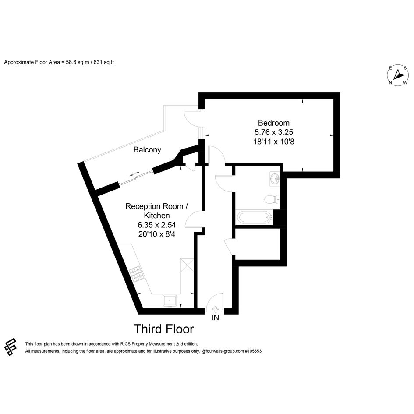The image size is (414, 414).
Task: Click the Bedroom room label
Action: pyautogui.click(x=273, y=123)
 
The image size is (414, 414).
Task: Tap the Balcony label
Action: pyautogui.click(x=147, y=150)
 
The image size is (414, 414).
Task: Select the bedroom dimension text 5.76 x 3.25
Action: pyautogui.click(x=273, y=132)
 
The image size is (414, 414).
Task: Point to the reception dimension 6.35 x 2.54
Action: pyautogui.click(x=157, y=225)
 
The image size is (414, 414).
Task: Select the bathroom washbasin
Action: pyautogui.click(x=275, y=179)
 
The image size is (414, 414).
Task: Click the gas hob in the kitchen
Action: pyautogui.click(x=137, y=274)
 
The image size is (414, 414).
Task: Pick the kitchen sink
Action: pyautogui.click(x=170, y=301)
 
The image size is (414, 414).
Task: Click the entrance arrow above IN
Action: pyautogui.click(x=215, y=309)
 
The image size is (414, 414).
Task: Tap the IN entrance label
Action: pyautogui.click(x=215, y=318)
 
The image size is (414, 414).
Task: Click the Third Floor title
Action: pyautogui.click(x=164, y=329)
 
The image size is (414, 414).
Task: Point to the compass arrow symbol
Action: pyautogui.click(x=397, y=74)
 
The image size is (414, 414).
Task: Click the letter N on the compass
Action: pyautogui.click(x=390, y=83)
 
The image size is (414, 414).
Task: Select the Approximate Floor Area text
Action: pyautogui.click(x=59, y=62)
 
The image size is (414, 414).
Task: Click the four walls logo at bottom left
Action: pyautogui.click(x=11, y=347)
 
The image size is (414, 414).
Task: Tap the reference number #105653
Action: pyautogui.click(x=253, y=351)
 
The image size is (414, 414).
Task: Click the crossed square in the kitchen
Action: pyautogui.click(x=187, y=265)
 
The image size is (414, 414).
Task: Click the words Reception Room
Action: pyautogui.click(x=154, y=206)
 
